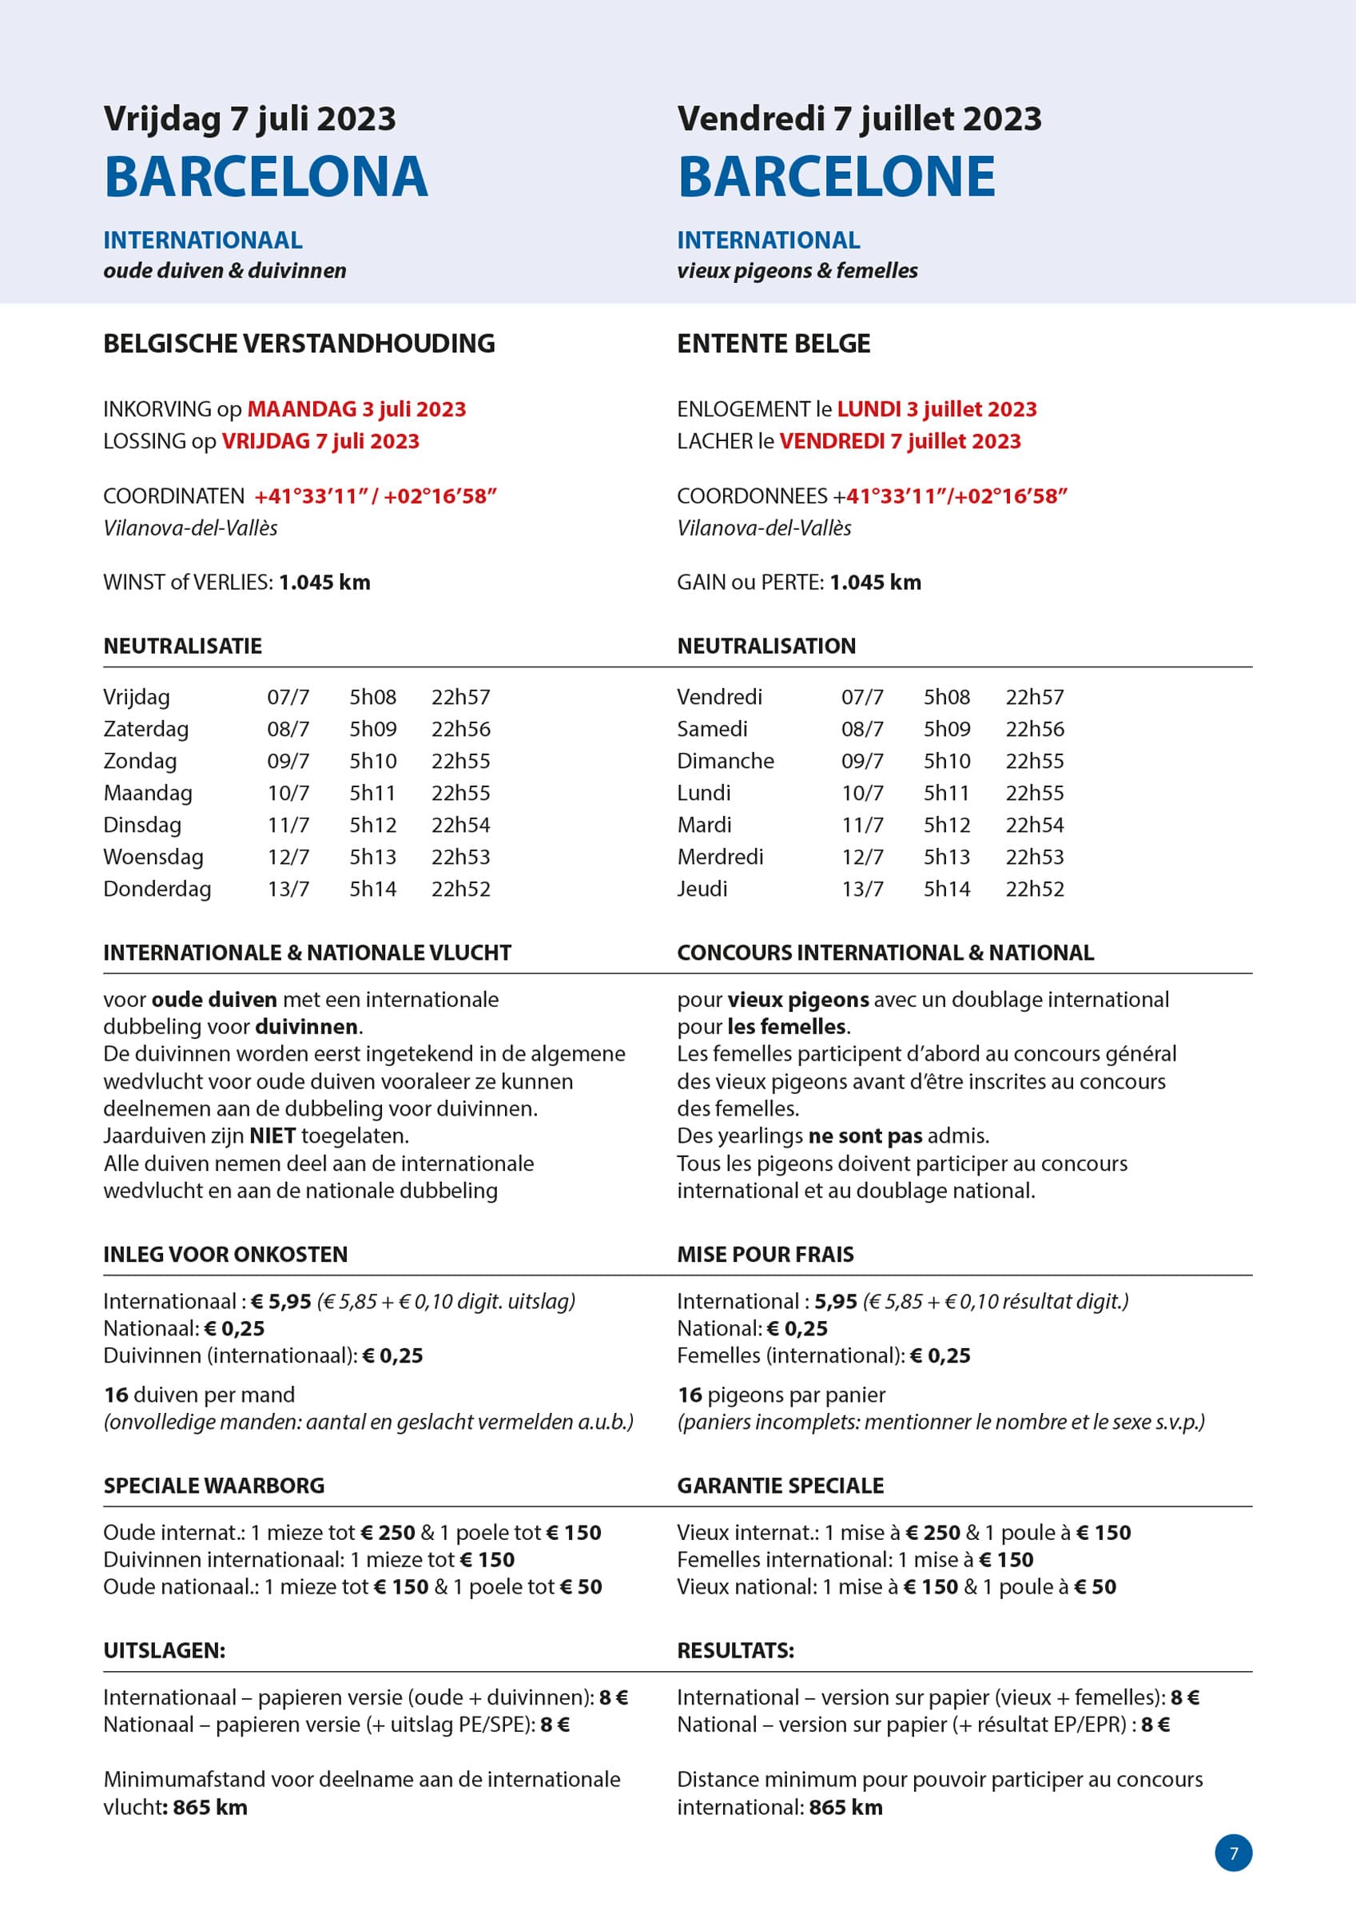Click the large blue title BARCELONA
click(265, 177)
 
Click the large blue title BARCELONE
click(837, 177)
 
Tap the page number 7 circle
click(1233, 1852)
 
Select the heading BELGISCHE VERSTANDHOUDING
click(299, 344)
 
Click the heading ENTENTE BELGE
click(773, 344)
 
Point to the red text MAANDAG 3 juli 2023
click(356, 409)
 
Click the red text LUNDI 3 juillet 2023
click(936, 409)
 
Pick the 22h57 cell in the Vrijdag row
click(460, 697)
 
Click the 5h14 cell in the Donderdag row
click(372, 889)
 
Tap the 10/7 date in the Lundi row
click(862, 793)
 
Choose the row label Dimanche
click(726, 761)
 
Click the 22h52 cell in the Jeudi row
click(1034, 889)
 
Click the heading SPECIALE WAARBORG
click(214, 1486)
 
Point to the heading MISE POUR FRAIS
click(765, 1255)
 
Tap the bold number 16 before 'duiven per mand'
click(116, 1395)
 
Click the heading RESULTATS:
click(735, 1651)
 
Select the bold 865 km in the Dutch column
click(209, 1808)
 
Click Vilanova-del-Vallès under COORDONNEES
click(764, 528)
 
